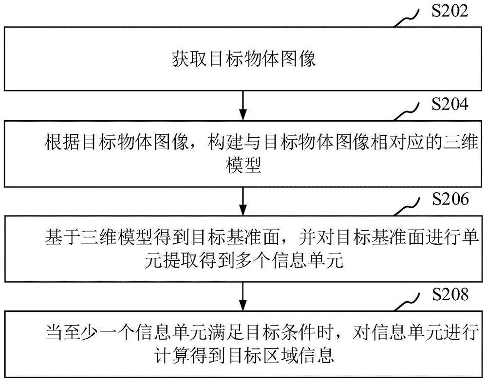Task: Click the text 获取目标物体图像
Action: point(243,59)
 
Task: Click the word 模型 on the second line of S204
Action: point(243,166)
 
